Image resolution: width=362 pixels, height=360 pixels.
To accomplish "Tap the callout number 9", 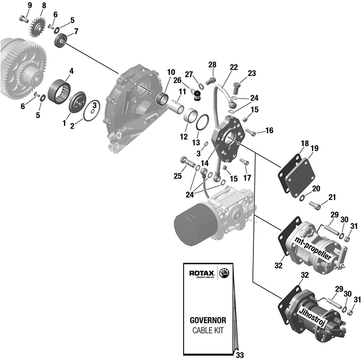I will tap(29, 5).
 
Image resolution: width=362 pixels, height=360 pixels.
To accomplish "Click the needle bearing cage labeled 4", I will tap(59, 91).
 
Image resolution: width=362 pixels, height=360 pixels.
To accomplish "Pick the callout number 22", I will tap(234, 67).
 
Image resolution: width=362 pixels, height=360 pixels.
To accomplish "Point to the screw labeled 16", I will tap(251, 133).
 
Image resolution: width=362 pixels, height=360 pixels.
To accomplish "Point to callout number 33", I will tap(239, 355).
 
